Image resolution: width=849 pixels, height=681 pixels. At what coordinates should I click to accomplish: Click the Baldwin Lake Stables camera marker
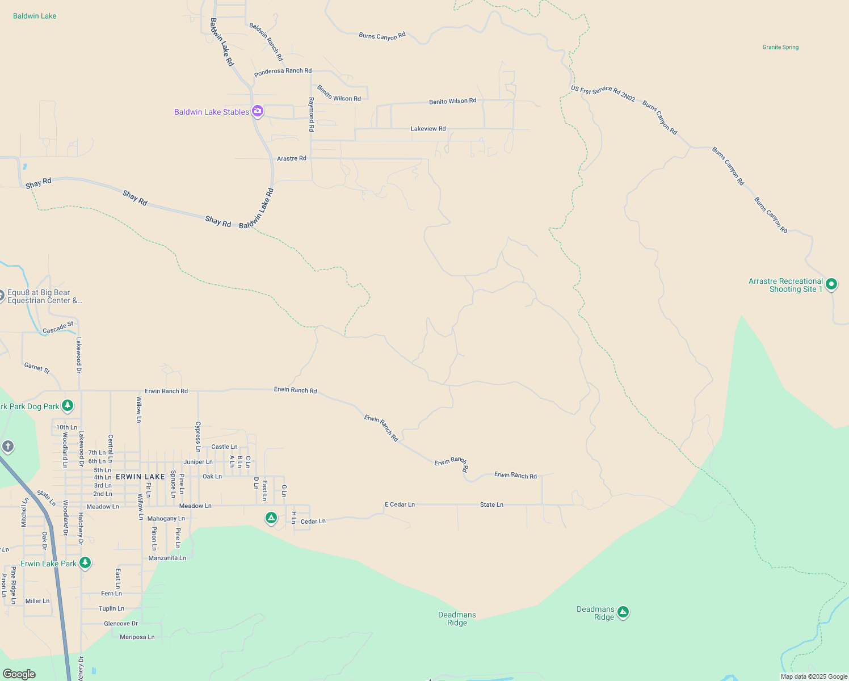click(258, 111)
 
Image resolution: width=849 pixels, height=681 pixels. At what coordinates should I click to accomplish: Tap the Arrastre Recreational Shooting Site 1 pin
click(831, 284)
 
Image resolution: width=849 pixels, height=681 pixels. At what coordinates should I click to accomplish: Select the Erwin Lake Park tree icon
click(85, 562)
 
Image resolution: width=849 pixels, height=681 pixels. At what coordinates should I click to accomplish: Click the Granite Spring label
click(780, 47)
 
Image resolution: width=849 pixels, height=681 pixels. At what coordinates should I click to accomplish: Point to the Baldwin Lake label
click(35, 16)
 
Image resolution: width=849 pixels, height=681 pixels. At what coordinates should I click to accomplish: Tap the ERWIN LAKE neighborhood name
click(140, 477)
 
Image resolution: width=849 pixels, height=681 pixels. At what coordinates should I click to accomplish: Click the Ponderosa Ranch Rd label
click(283, 71)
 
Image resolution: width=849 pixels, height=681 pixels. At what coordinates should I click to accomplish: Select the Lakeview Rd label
click(428, 129)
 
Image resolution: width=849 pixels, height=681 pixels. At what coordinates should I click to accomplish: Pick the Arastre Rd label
click(291, 158)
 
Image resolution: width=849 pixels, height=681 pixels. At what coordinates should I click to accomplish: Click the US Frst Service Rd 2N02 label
click(603, 93)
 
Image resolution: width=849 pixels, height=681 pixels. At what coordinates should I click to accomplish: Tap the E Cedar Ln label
click(400, 505)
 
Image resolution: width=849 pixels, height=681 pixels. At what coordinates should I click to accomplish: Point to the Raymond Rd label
click(311, 115)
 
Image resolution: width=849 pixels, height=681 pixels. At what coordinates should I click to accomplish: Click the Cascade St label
click(58, 328)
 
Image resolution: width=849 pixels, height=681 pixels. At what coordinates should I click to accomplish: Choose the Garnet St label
click(37, 368)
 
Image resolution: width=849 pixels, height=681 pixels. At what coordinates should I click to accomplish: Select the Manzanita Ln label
click(167, 558)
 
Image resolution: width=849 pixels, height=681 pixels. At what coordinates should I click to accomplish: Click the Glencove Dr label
click(121, 624)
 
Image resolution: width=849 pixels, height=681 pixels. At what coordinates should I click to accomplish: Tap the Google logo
click(19, 674)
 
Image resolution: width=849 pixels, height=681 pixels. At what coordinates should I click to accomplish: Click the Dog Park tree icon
click(68, 405)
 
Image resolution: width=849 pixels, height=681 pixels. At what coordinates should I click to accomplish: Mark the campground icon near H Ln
click(271, 518)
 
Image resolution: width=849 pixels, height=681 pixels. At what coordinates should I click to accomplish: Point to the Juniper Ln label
click(198, 462)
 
